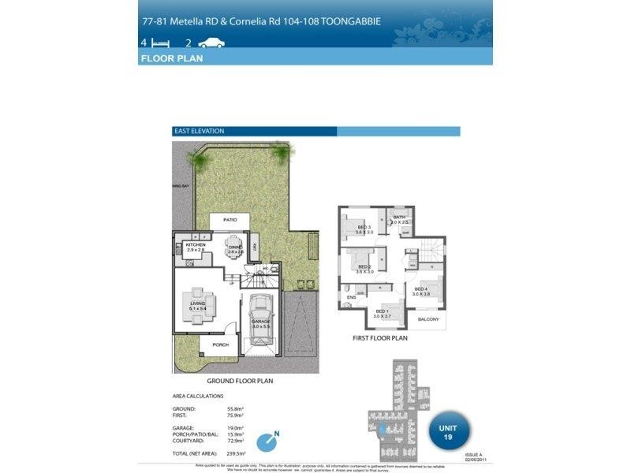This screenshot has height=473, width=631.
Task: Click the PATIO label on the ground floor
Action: (x=230, y=220)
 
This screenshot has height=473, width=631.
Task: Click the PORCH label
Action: (x=220, y=345)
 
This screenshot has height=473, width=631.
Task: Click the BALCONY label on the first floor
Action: (x=428, y=319)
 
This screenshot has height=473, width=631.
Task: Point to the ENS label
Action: (x=351, y=297)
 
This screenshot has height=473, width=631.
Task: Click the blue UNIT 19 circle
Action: (x=446, y=432)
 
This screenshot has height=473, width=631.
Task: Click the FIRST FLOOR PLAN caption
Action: (x=379, y=338)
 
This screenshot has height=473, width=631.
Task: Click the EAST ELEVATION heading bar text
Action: (x=199, y=131)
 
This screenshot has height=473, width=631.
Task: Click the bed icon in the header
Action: (x=161, y=43)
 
